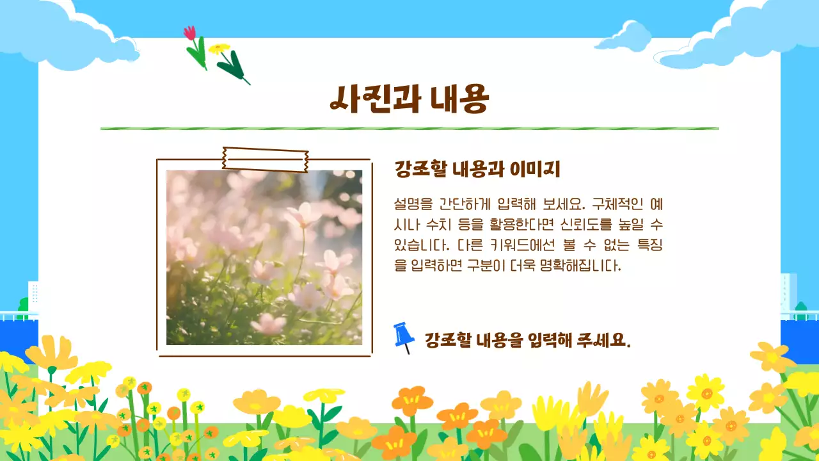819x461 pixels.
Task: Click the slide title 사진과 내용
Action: pyautogui.click(x=409, y=99)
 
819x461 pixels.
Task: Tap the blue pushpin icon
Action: pyautogui.click(x=404, y=337)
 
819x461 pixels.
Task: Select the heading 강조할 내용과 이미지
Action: pyautogui.click(x=477, y=170)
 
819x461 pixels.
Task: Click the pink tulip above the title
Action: pyautogui.click(x=190, y=33)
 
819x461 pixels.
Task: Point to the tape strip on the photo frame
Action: pyautogui.click(x=265, y=159)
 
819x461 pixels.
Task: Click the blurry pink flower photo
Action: pyautogui.click(x=264, y=257)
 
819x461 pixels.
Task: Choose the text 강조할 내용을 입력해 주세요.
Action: pyautogui.click(x=528, y=340)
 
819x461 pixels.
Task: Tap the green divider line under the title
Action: pyautogui.click(x=409, y=129)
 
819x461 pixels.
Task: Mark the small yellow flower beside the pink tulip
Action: pyautogui.click(x=219, y=49)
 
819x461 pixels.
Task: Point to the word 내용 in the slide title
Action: pyautogui.click(x=458, y=99)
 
